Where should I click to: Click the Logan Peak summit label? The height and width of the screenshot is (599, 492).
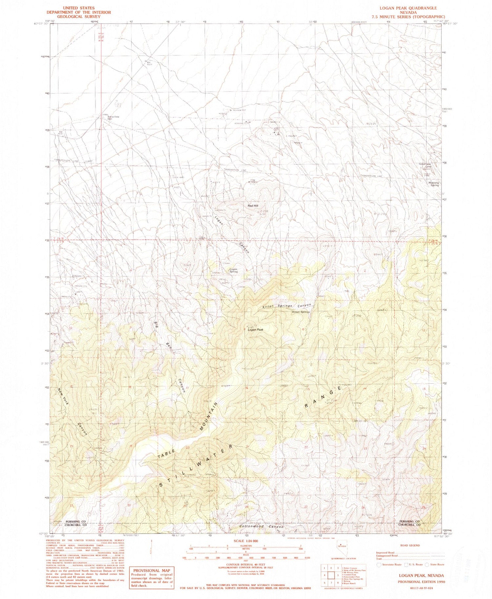tap(256, 330)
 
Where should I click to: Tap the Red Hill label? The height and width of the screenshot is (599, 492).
tap(253, 206)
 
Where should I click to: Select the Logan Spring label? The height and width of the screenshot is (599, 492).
tap(233, 270)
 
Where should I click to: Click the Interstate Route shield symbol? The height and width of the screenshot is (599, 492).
tap(379, 565)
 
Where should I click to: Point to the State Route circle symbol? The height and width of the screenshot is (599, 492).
tap(427, 565)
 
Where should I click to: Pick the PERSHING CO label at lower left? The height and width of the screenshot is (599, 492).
tap(75, 521)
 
